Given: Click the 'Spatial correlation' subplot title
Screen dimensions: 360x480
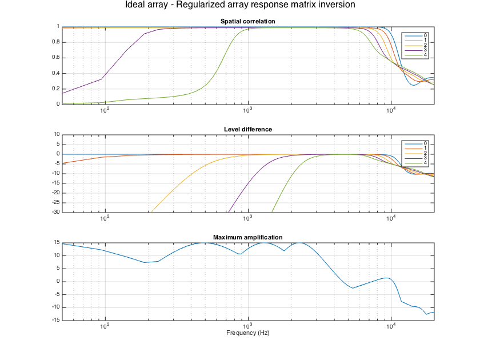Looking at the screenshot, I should [x=248, y=22].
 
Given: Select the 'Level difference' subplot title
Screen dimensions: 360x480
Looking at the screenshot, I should [x=248, y=129].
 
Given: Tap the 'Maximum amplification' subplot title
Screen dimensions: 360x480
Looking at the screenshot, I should [x=248, y=237].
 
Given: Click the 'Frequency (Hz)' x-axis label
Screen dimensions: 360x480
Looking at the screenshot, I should [x=248, y=333].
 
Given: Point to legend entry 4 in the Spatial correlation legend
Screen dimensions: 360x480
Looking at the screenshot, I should [x=425, y=55].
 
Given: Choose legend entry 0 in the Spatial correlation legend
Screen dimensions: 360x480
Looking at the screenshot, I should [x=425, y=35].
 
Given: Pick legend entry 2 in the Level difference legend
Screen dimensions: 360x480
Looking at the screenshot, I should [x=425, y=153].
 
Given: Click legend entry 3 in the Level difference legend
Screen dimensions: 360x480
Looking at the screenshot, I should [x=425, y=158].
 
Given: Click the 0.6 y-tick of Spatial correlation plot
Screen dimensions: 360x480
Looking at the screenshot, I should [x=56, y=58].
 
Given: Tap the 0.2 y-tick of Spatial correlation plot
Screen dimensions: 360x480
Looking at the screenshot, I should [x=56, y=89].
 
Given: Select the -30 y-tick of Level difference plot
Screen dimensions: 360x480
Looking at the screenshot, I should [x=55, y=212].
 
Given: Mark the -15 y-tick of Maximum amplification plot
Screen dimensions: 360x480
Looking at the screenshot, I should [x=55, y=320].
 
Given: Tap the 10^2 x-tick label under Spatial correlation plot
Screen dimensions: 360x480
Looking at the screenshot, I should [x=105, y=111].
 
